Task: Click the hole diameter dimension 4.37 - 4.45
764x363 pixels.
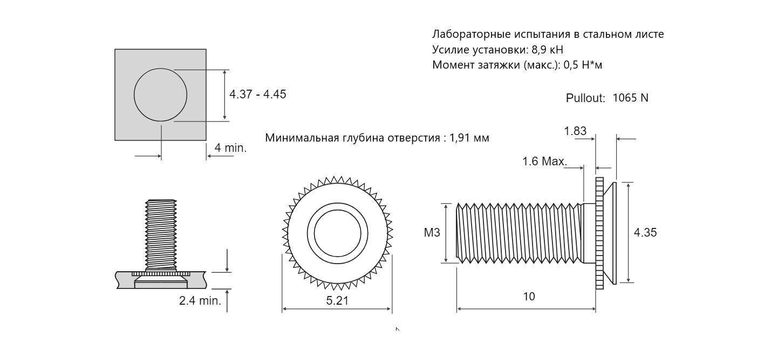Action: pos(257,94)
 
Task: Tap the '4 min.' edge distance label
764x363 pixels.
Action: pos(230,148)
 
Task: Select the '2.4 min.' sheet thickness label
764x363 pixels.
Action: pos(200,300)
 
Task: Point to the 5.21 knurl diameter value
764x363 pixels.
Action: pos(337,300)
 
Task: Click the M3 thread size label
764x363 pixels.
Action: pos(432,233)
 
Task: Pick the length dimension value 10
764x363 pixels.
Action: pos(529,297)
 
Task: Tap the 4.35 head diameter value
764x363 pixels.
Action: pos(645,233)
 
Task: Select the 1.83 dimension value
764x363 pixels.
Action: pos(575,131)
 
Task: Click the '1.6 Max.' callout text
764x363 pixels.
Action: pos(544,161)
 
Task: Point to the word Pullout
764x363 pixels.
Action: pos(585,98)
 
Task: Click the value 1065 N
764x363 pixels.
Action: pos(630,98)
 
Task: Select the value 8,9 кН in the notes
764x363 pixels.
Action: pos(548,50)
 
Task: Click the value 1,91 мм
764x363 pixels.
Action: pos(469,138)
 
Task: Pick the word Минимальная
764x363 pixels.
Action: pos(301,138)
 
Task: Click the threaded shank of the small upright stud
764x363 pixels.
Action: pos(161,236)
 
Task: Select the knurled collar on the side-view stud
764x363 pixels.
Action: pos(599,233)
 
